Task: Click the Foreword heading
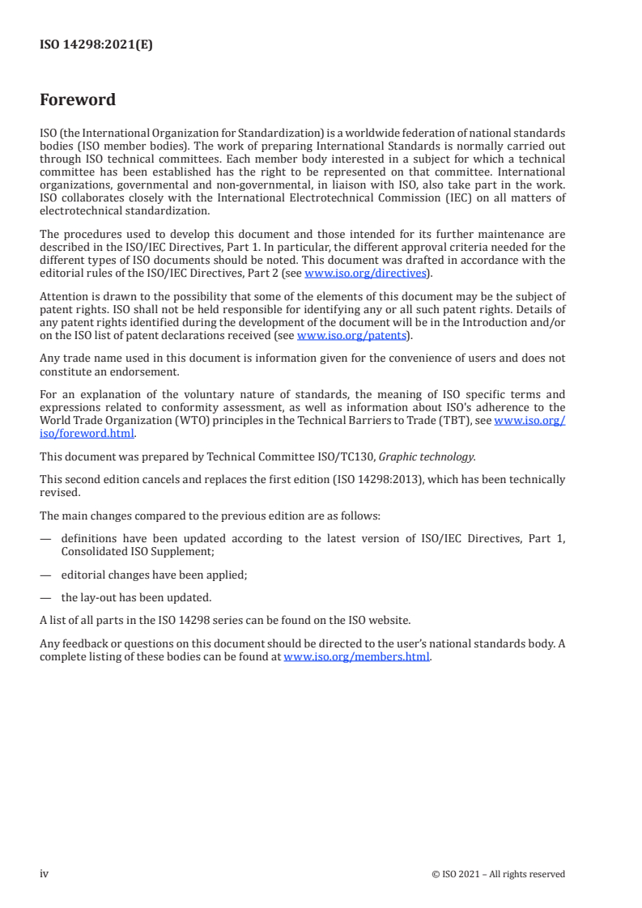(x=78, y=100)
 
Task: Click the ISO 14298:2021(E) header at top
(x=96, y=45)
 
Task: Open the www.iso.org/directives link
(x=365, y=274)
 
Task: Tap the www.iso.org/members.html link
(x=357, y=657)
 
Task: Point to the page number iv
(x=45, y=874)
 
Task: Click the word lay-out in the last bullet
(x=99, y=598)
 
